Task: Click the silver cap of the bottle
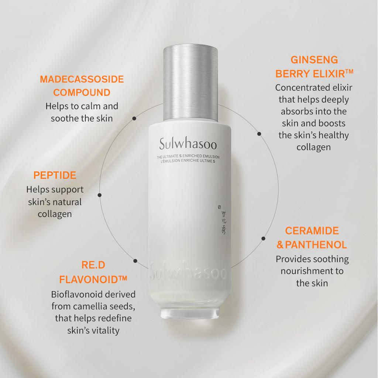[190, 83]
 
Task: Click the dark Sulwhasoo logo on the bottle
[188, 143]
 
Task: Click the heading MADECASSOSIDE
[82, 79]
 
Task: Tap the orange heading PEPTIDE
[55, 175]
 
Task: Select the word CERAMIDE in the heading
[312, 231]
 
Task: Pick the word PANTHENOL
[316, 244]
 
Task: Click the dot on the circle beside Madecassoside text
[134, 118]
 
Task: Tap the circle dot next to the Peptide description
[99, 195]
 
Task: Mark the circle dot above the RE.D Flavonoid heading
[135, 261]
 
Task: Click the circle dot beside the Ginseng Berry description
[259, 134]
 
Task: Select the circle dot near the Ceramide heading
[263, 238]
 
